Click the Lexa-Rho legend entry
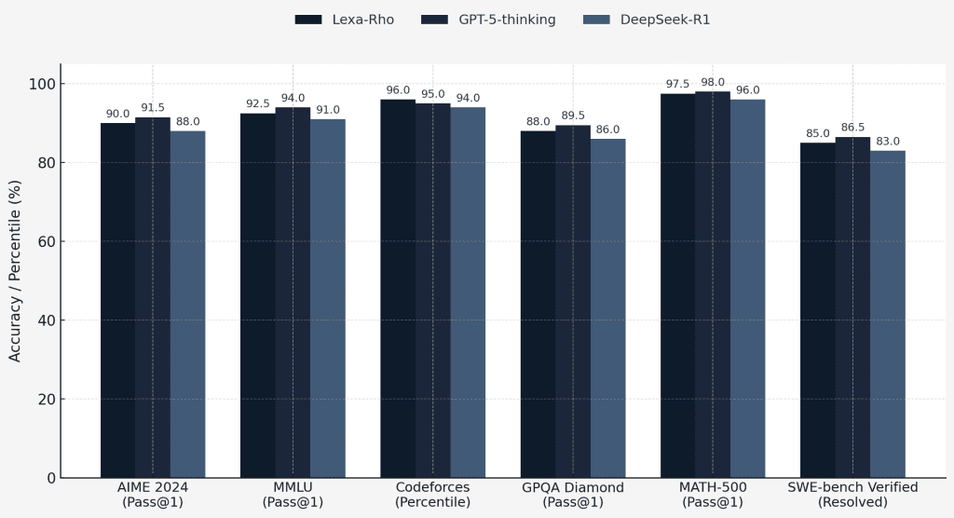(x=345, y=20)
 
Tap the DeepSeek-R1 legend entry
(x=647, y=20)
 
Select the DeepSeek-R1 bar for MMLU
(x=328, y=298)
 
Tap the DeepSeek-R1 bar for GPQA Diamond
(x=607, y=308)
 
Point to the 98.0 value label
(x=713, y=81)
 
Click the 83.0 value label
(x=888, y=141)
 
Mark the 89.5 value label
(x=573, y=115)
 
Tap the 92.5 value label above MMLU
(x=258, y=103)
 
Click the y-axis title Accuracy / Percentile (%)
(x=15, y=270)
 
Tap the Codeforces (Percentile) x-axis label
(x=433, y=495)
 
